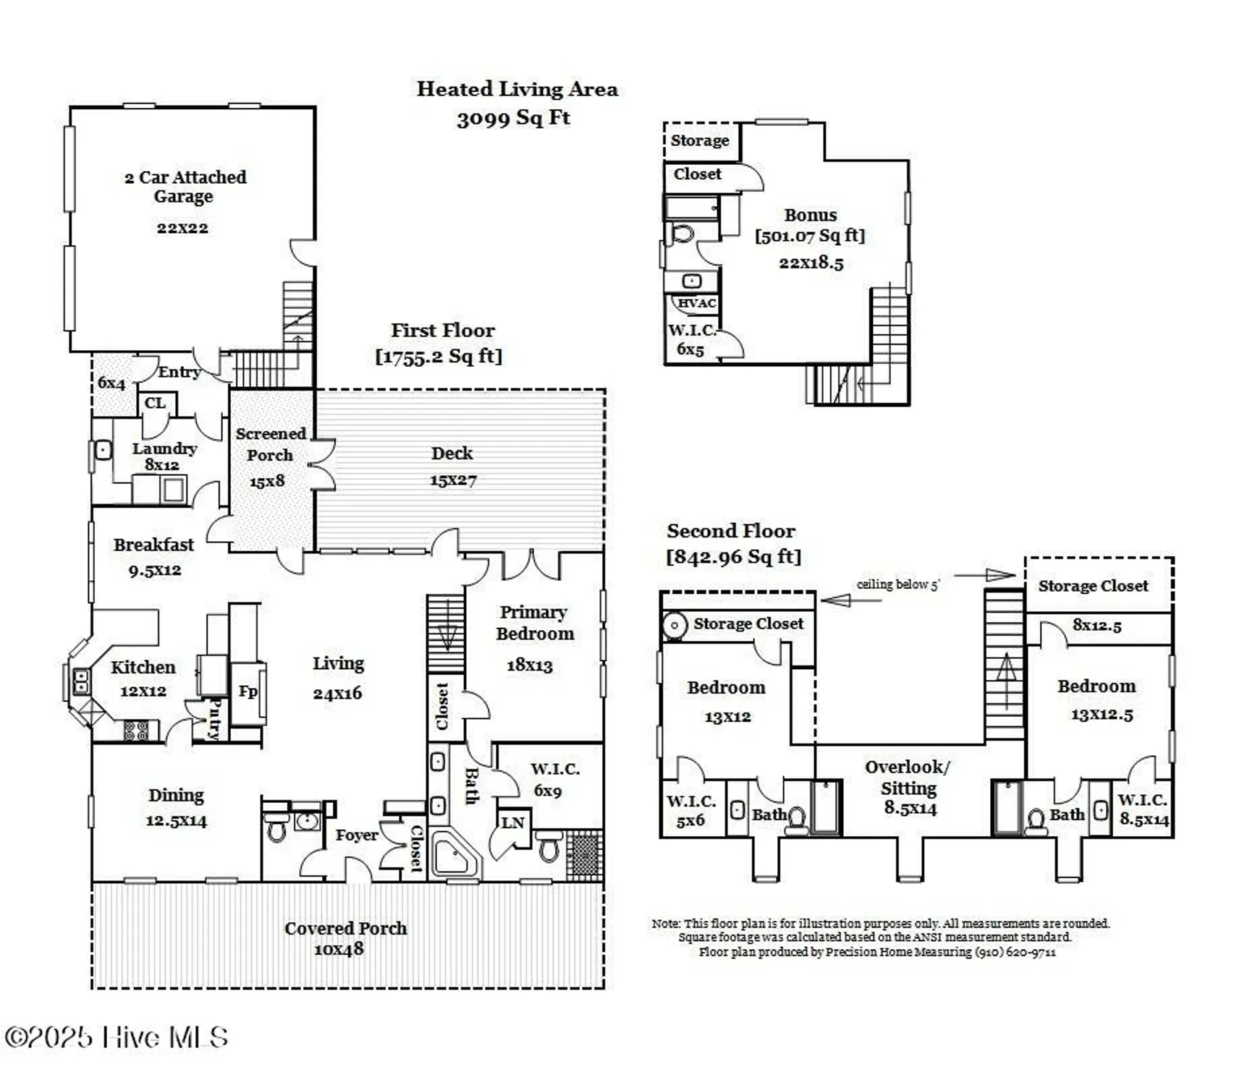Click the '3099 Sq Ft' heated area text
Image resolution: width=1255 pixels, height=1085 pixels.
[513, 118]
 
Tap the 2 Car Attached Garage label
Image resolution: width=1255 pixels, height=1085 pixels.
[185, 187]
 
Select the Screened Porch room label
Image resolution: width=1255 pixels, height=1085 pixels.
[270, 444]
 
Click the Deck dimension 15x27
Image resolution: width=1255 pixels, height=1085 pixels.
[453, 480]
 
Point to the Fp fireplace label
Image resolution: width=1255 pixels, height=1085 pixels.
[248, 692]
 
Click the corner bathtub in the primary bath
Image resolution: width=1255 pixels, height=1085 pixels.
[454, 855]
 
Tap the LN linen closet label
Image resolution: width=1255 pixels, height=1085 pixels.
[512, 822]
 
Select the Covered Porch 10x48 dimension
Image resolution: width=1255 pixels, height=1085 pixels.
[339, 949]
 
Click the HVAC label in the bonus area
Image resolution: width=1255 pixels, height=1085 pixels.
[696, 303]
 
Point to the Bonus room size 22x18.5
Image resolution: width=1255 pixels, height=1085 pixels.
[811, 263]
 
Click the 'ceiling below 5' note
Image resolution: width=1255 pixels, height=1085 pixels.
[897, 584]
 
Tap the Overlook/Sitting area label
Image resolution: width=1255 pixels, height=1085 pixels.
[908, 778]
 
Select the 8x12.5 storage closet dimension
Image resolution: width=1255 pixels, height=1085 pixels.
[1096, 626]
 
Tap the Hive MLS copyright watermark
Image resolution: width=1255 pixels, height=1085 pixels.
[117, 1037]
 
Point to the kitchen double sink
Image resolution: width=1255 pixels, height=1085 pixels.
[81, 681]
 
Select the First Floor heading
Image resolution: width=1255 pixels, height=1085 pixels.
[443, 331]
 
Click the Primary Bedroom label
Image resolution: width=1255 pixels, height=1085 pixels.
[534, 623]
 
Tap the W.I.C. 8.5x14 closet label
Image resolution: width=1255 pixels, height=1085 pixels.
[1143, 809]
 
